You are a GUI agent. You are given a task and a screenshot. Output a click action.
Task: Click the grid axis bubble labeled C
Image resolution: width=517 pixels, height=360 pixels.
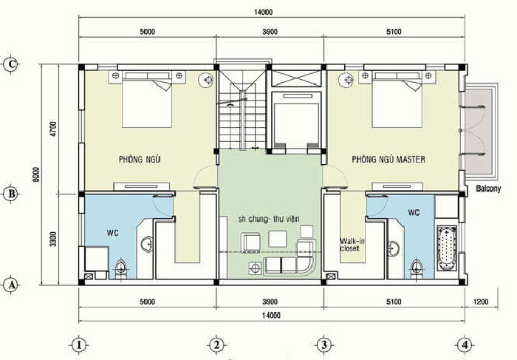click(x=12, y=64)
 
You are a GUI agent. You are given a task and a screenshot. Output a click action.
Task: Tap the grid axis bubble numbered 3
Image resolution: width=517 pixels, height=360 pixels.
click(x=324, y=345)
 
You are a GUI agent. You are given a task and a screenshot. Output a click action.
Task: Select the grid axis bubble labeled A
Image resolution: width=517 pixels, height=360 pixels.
click(x=12, y=285)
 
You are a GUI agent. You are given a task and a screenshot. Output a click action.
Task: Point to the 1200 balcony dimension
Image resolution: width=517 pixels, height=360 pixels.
click(x=481, y=302)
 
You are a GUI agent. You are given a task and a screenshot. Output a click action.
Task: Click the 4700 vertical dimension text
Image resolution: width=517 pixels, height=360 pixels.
click(x=54, y=129)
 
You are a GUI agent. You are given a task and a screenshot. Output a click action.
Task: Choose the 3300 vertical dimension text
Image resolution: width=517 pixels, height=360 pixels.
click(x=53, y=239)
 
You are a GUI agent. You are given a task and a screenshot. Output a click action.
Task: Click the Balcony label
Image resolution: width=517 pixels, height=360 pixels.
click(x=488, y=189)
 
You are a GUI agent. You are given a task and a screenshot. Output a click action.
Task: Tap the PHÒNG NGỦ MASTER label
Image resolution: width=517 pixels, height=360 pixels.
click(x=388, y=160)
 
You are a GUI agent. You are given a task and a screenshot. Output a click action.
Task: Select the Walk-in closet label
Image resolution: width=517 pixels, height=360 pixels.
click(x=352, y=245)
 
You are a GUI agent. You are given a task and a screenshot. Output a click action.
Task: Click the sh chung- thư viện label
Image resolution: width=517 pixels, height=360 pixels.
click(x=268, y=219)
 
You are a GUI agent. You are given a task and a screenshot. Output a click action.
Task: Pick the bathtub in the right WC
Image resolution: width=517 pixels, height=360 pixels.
click(x=447, y=248)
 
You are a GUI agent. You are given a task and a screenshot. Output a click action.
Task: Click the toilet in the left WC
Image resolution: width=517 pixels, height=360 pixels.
click(x=121, y=268)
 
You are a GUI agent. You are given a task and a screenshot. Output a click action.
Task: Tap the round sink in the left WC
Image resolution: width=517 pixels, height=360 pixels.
click(x=147, y=245)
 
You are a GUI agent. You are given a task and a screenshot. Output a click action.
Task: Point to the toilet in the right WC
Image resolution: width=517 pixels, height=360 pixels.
click(x=417, y=268)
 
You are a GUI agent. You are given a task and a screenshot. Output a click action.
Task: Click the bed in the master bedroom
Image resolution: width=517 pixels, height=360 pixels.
click(x=397, y=99)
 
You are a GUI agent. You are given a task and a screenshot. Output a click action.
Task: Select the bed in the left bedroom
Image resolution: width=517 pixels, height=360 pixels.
click(x=147, y=99)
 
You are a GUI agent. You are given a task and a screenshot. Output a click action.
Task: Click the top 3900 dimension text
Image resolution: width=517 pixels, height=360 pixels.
click(x=270, y=32)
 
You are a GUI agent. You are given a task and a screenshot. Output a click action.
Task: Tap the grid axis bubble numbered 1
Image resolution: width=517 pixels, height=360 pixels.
click(x=79, y=345)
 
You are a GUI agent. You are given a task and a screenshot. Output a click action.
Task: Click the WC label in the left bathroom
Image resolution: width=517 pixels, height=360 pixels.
click(x=112, y=233)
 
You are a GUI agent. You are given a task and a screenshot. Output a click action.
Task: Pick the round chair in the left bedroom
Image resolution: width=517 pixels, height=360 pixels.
click(x=207, y=80)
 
